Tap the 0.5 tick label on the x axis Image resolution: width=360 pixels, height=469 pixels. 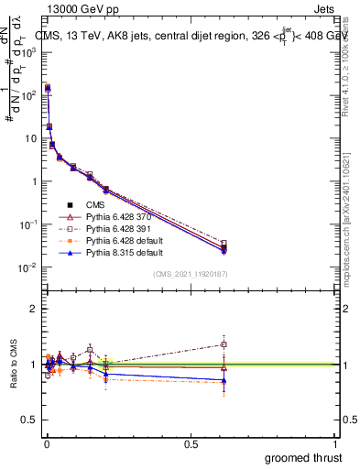click(x=191, y=443)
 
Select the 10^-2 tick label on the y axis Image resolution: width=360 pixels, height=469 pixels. click(x=29, y=267)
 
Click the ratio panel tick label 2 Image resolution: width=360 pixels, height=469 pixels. click(x=33, y=309)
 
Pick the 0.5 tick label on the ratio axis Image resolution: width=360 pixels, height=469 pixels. click(x=29, y=420)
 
